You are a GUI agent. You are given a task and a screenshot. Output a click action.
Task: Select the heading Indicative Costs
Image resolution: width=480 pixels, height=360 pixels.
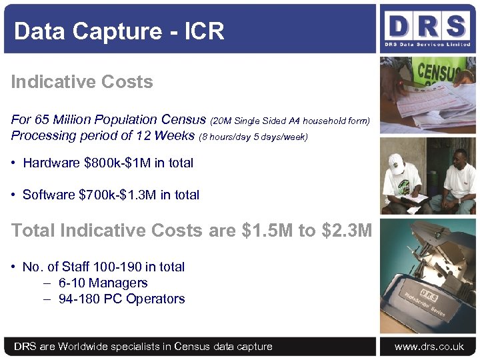click(x=82, y=82)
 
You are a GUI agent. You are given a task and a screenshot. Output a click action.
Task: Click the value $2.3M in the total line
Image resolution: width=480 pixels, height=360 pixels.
click(x=346, y=231)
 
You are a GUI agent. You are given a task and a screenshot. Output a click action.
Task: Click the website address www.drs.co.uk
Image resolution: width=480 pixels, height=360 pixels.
click(x=429, y=347)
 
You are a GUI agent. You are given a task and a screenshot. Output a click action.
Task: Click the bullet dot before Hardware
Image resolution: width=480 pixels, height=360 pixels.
click(x=14, y=163)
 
